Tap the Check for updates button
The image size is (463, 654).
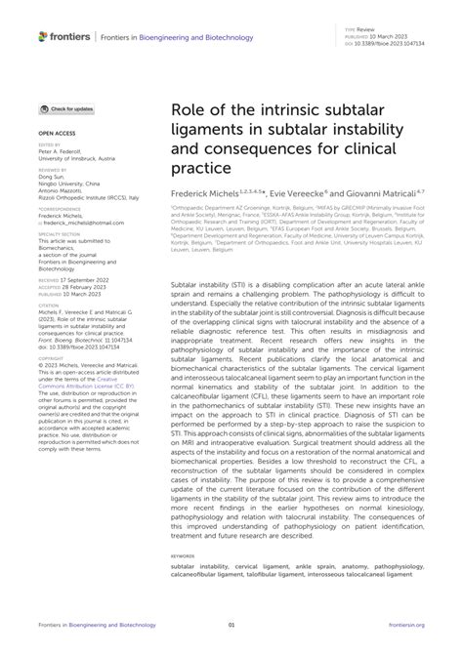click(x=67, y=108)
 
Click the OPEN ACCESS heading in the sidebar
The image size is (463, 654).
click(x=56, y=130)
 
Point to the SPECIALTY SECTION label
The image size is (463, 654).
click(x=60, y=234)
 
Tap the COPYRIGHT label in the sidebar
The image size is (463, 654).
click(x=51, y=339)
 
